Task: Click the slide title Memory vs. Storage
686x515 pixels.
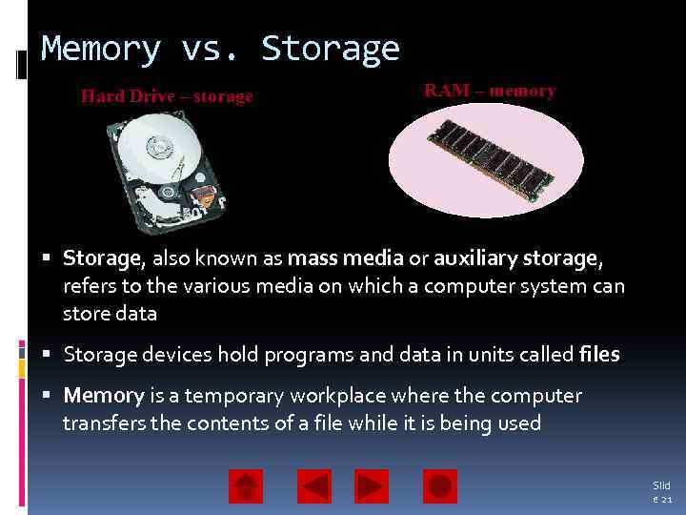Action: click(x=220, y=49)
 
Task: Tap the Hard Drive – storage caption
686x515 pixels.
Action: click(x=167, y=96)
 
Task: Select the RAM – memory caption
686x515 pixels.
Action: click(x=489, y=91)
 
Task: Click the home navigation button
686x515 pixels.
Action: click(x=246, y=486)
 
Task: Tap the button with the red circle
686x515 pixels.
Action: click(x=439, y=486)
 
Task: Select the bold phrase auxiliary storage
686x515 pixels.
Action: click(x=516, y=258)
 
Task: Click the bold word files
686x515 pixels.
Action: click(x=598, y=355)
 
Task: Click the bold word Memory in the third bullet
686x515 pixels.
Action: click(x=103, y=396)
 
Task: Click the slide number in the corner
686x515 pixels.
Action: click(x=660, y=492)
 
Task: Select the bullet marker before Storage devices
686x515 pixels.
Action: click(x=48, y=355)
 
